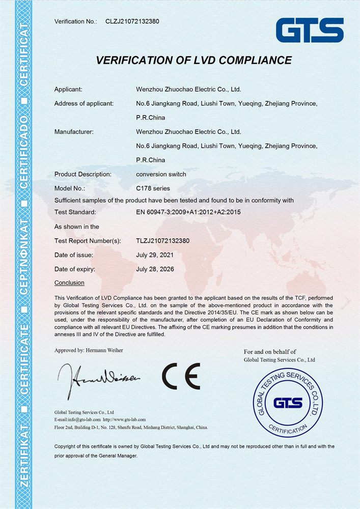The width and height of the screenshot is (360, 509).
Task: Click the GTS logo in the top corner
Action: click(x=310, y=31)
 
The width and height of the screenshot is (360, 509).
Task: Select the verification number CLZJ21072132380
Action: click(x=132, y=21)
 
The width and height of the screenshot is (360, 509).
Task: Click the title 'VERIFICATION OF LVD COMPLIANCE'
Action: click(x=194, y=60)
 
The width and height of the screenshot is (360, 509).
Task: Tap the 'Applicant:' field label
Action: click(x=68, y=90)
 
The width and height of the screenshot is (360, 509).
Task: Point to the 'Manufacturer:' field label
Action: click(x=74, y=132)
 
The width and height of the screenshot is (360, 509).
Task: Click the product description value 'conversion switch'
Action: click(x=161, y=174)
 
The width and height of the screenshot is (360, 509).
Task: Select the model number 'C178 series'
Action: click(x=153, y=188)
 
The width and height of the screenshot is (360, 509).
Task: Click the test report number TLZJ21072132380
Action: click(x=163, y=241)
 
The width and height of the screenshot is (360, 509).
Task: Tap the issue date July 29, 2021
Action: click(x=155, y=254)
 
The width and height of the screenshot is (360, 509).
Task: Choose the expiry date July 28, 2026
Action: click(x=155, y=269)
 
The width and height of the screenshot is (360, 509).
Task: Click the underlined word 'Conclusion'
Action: click(x=69, y=282)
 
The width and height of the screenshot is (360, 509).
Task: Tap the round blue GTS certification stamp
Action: click(x=288, y=403)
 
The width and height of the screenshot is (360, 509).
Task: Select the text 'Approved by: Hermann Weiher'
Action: click(x=89, y=350)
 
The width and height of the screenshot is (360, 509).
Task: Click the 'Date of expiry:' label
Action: click(x=75, y=269)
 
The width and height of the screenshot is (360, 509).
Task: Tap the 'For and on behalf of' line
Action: click(x=270, y=352)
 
